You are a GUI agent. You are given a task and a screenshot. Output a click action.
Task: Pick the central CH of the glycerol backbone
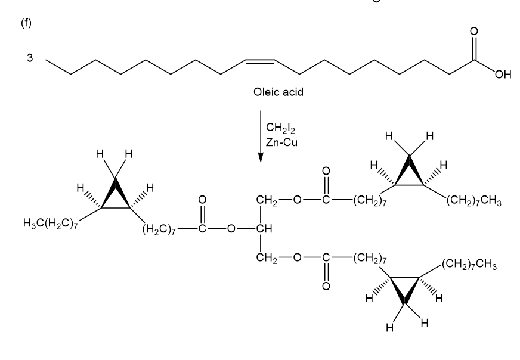pyautogui.click(x=262, y=229)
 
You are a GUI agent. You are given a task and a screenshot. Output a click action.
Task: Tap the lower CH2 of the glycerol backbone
pyautogui.click(x=264, y=258)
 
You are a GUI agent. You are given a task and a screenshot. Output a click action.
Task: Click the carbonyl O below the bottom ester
pyautogui.click(x=325, y=285)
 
